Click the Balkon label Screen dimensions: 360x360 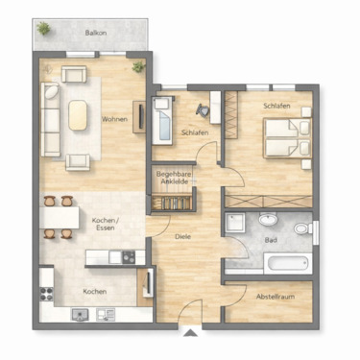tap(95, 33)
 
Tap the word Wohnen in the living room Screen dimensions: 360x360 tap(115, 119)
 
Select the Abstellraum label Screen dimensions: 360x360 tap(276, 297)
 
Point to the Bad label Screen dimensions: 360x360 tap(273, 241)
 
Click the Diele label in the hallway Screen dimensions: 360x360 tap(182, 236)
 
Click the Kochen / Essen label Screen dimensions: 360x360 tap(105, 225)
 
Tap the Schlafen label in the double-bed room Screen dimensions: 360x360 tap(275, 107)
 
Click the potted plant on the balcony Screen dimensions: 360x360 tap(43, 31)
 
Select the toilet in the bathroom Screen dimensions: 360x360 tap(301, 230)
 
